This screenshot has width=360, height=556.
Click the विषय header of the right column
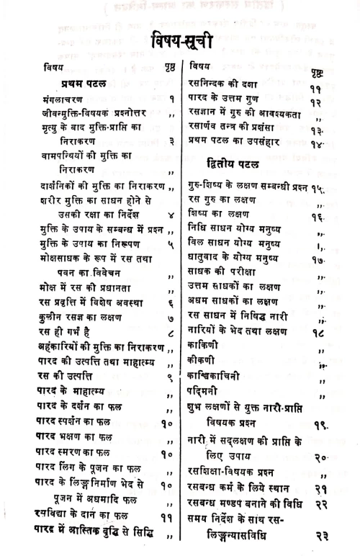tap(199, 66)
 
